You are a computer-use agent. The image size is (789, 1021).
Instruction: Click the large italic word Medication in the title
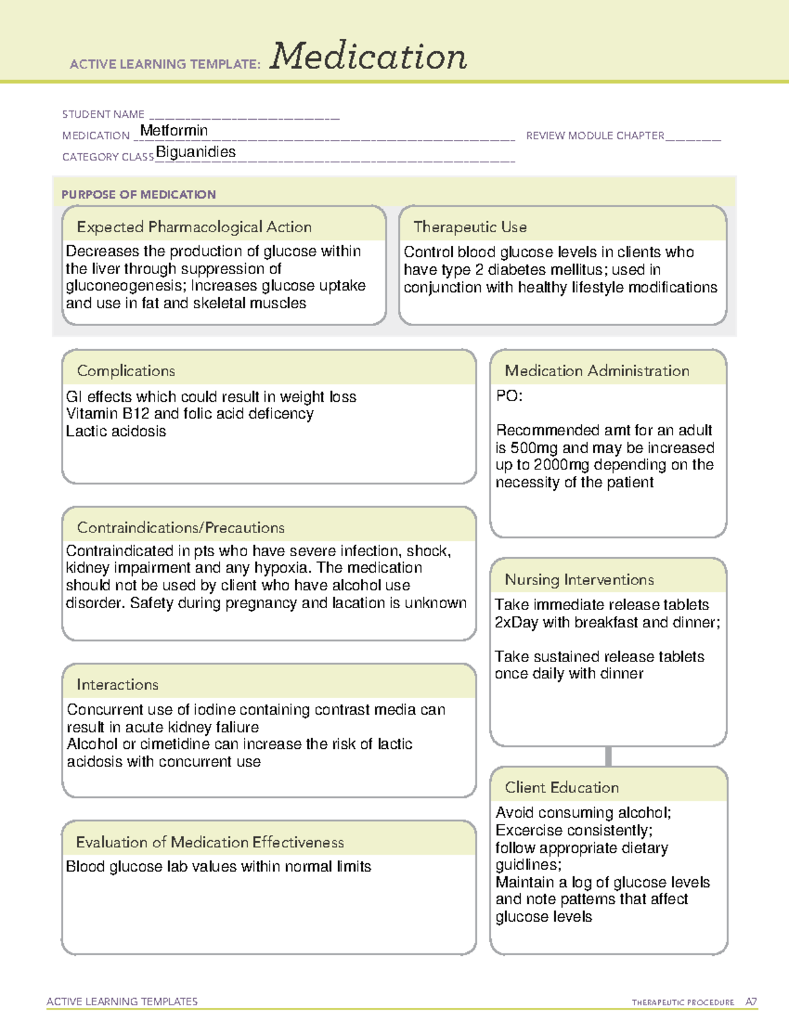click(x=368, y=57)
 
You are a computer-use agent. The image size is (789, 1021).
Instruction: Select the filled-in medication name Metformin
click(x=174, y=131)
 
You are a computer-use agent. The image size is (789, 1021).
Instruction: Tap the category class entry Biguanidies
click(x=195, y=152)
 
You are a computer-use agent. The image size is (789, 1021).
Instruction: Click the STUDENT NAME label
click(x=103, y=114)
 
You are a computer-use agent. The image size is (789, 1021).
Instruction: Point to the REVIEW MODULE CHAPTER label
click(x=595, y=135)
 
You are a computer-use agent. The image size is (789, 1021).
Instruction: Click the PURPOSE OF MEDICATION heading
click(x=139, y=195)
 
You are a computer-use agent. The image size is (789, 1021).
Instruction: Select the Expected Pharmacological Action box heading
click(x=194, y=227)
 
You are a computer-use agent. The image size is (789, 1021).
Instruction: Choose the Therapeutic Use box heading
click(x=470, y=227)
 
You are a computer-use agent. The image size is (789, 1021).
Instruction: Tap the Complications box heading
click(x=126, y=371)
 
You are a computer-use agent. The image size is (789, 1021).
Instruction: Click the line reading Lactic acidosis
click(x=116, y=431)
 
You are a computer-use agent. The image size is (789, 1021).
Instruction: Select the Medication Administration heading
click(x=597, y=371)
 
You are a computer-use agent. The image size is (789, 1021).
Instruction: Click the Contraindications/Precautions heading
click(x=181, y=527)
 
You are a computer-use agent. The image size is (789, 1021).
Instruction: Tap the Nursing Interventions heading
click(x=579, y=579)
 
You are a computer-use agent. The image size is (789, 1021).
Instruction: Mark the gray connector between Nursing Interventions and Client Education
click(x=608, y=756)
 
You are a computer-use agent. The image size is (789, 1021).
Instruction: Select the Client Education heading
click(x=562, y=788)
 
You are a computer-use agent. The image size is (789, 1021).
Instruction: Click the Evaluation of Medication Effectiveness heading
click(x=210, y=842)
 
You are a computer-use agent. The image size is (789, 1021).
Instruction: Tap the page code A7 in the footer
click(x=751, y=1002)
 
